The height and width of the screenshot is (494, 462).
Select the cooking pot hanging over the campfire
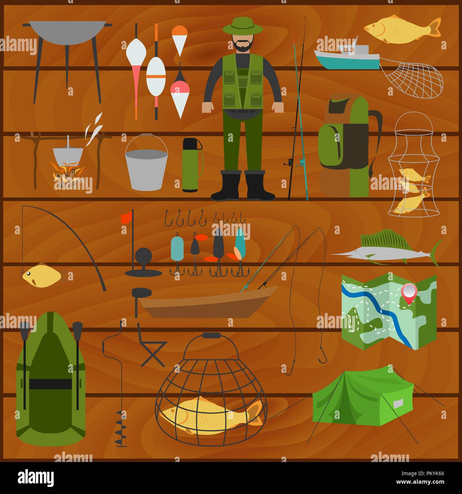pos(68,154)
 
